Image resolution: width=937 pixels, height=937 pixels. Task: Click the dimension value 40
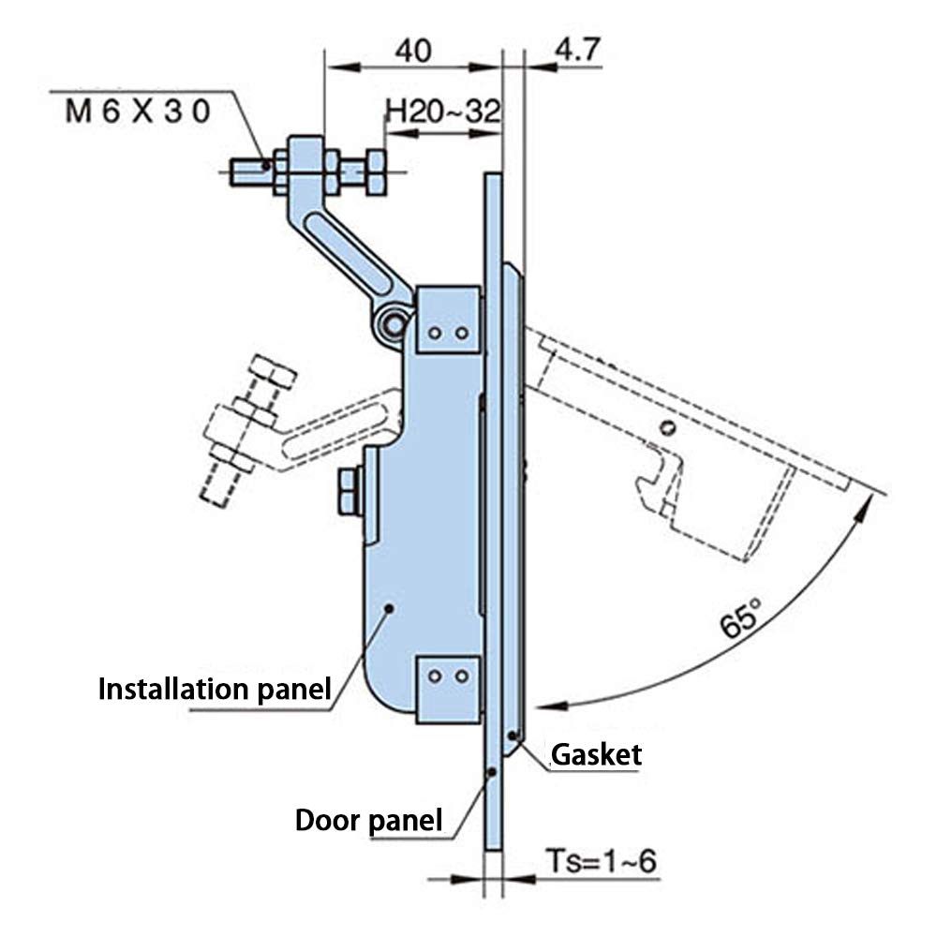[x=412, y=50]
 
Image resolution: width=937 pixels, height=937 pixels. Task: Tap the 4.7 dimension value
[x=578, y=50]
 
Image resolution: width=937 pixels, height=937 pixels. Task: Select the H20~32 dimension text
[x=443, y=112]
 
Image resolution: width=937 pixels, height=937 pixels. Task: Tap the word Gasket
[x=597, y=754]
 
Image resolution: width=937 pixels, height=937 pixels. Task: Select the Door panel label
[x=368, y=821]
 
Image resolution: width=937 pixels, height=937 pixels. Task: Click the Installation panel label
[x=215, y=691]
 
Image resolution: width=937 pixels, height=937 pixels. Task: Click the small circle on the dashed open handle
[x=666, y=428]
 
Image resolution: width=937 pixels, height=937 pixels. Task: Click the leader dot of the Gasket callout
[x=512, y=735]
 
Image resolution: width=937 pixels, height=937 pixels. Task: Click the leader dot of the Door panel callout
[x=490, y=772]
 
